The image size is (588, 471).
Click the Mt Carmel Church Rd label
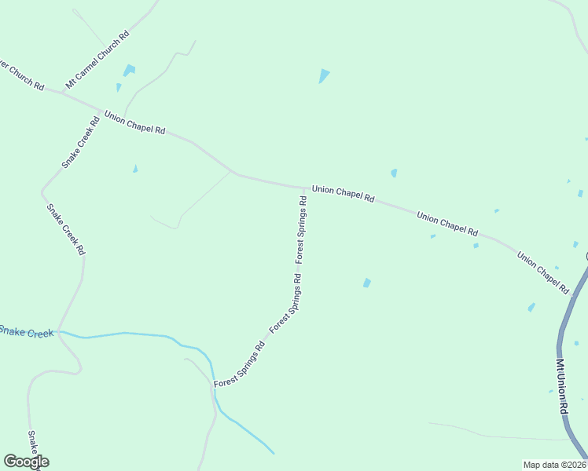(x=97, y=60)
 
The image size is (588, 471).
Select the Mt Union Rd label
(x=561, y=387)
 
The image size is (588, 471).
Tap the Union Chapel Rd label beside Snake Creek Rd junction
(x=134, y=122)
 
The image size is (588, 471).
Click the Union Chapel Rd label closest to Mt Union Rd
(x=542, y=272)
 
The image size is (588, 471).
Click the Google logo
(x=26, y=462)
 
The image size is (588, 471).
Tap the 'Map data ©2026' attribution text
(x=554, y=465)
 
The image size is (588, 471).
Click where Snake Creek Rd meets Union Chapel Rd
(x=101, y=111)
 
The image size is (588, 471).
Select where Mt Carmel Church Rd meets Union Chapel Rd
(x=63, y=93)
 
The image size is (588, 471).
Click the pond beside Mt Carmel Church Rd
(x=129, y=71)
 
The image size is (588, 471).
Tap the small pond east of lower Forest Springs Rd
(x=366, y=283)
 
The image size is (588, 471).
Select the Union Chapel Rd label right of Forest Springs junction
(x=343, y=194)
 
